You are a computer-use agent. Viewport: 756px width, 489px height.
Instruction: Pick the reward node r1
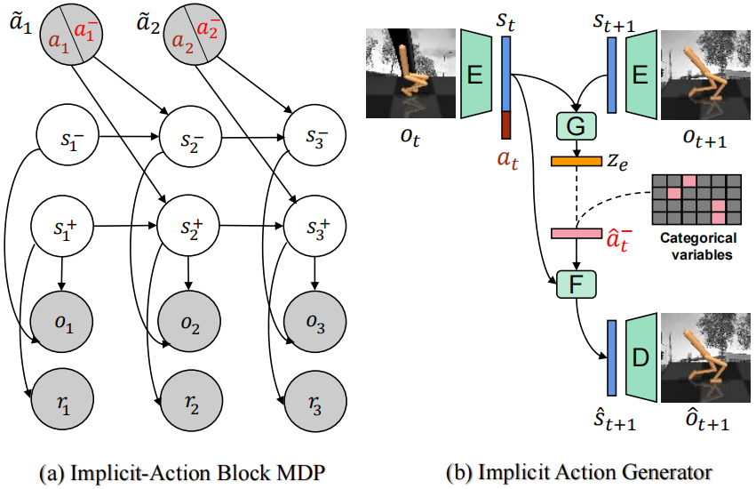[61, 400]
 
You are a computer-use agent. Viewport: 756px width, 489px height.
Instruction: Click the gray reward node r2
[187, 400]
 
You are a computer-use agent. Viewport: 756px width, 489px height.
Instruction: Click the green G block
[575, 126]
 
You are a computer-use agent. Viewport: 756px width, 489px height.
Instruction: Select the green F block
[575, 285]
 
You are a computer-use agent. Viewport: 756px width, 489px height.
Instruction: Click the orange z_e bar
[576, 162]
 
